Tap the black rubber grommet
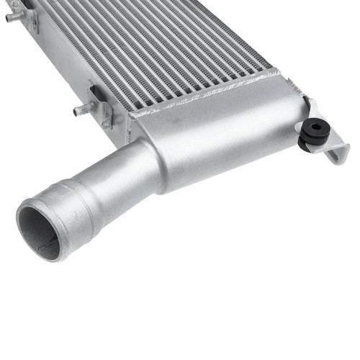click(314, 132)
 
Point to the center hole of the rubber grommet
click(314, 127)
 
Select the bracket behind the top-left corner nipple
click(30, 17)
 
